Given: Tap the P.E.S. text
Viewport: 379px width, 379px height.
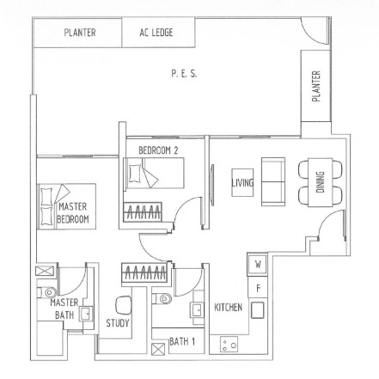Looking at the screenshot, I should (x=184, y=75).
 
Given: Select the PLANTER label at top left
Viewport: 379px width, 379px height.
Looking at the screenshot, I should (x=79, y=34).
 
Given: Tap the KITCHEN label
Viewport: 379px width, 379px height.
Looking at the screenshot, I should (x=228, y=308).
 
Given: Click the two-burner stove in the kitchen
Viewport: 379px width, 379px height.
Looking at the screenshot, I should (x=229, y=345).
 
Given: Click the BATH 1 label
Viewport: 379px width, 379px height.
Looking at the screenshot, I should (x=181, y=342).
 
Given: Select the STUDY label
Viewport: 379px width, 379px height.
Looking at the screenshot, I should (x=117, y=323).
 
